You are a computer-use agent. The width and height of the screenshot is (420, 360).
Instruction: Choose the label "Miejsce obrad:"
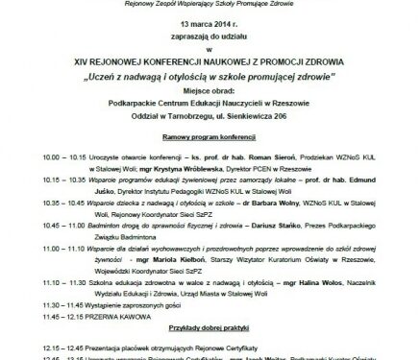click(x=209, y=85)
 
